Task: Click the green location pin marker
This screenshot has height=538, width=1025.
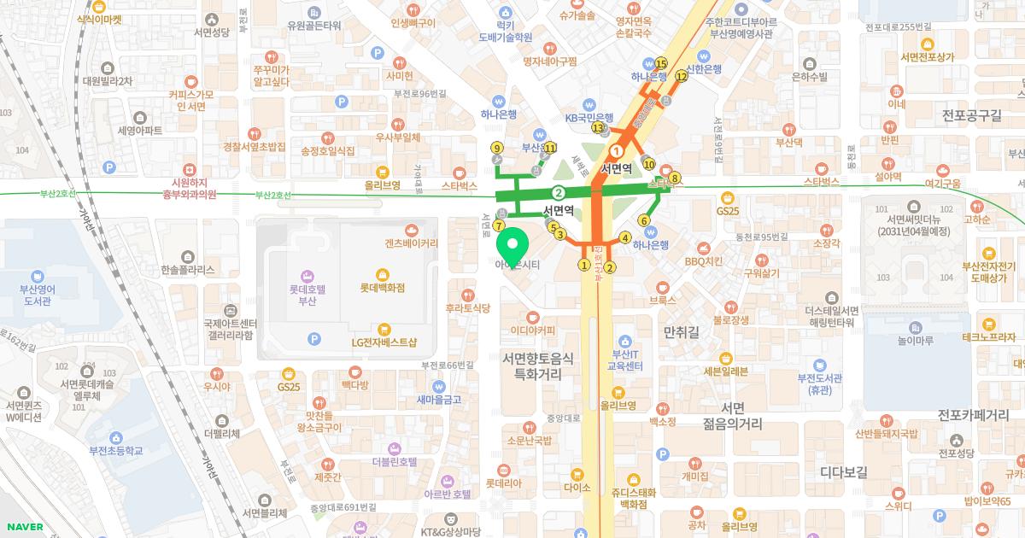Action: click(512, 248)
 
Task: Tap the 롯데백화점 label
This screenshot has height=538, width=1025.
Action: click(382, 288)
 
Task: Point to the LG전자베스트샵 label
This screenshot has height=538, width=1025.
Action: click(384, 342)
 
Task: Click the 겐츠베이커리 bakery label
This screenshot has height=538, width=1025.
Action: click(411, 243)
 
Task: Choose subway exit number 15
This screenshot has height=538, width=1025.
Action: click(660, 63)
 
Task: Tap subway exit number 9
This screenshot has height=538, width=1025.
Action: click(497, 148)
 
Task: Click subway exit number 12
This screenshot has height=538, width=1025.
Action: click(681, 76)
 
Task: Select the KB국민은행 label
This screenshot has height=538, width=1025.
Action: click(589, 118)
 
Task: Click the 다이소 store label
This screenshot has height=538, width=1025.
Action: click(577, 488)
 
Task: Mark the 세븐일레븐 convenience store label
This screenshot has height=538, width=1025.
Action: click(725, 371)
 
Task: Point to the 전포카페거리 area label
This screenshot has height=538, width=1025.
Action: click(973, 415)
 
